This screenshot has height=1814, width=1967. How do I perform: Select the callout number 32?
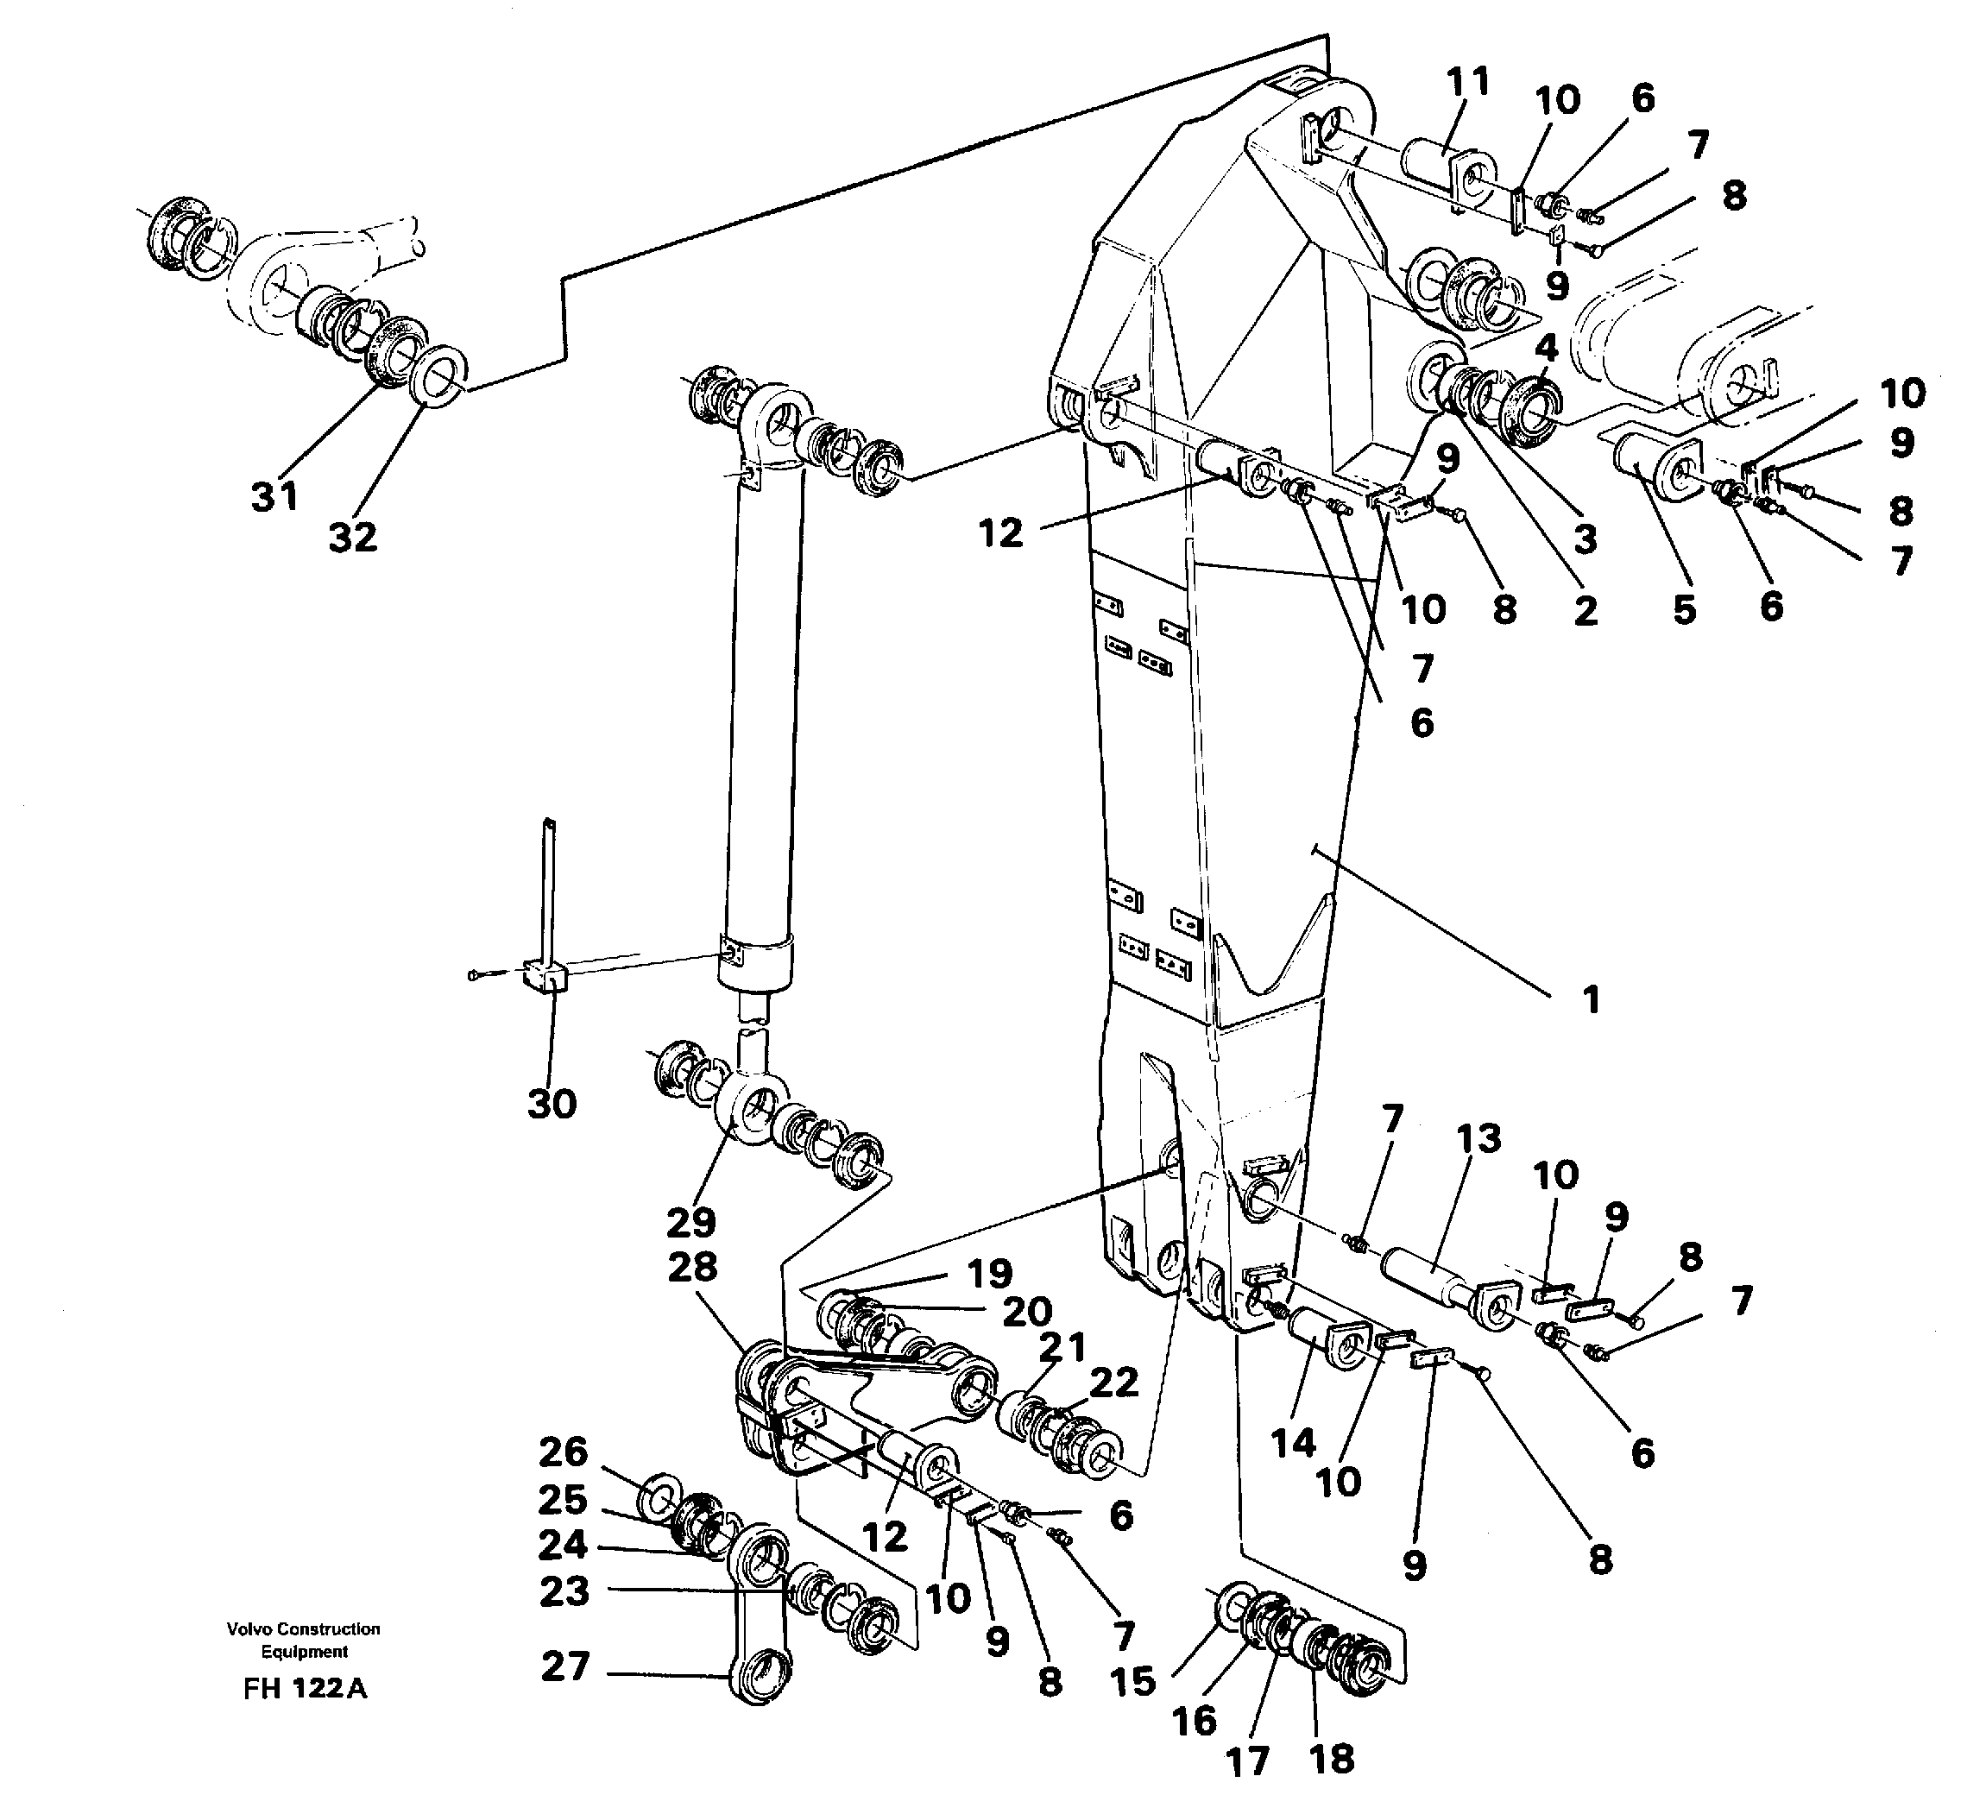[x=352, y=537]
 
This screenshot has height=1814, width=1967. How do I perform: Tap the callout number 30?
[x=552, y=1105]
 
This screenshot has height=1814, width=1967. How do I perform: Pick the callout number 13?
[x=1478, y=1137]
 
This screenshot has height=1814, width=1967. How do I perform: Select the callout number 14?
[x=1293, y=1442]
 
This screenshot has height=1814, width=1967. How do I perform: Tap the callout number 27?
[x=565, y=1666]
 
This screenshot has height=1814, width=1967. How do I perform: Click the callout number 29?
[x=691, y=1222]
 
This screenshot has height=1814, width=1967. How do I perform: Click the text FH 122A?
[x=305, y=1688]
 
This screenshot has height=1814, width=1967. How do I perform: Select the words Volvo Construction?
[x=303, y=1628]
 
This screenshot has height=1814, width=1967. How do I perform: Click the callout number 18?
[x=1332, y=1758]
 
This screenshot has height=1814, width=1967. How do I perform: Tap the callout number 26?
[x=564, y=1452]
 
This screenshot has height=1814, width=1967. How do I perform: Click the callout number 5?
[x=1684, y=609]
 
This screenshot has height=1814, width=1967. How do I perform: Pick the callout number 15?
[x=1132, y=1681]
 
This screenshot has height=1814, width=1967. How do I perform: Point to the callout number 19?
[x=988, y=1273]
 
